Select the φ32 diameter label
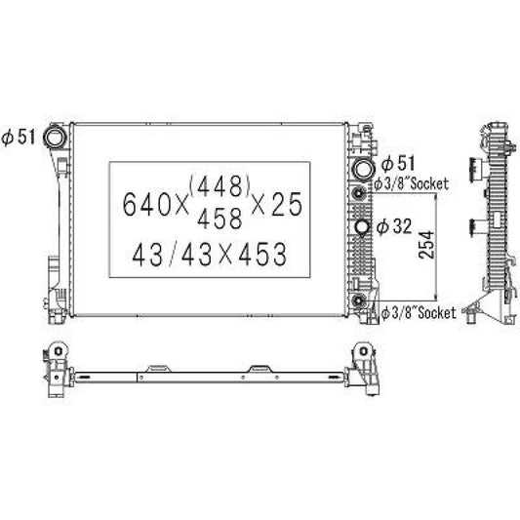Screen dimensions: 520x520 398,227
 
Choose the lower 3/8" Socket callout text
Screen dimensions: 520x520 420,312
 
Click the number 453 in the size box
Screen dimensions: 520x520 259,256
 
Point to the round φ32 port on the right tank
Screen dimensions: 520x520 364,228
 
